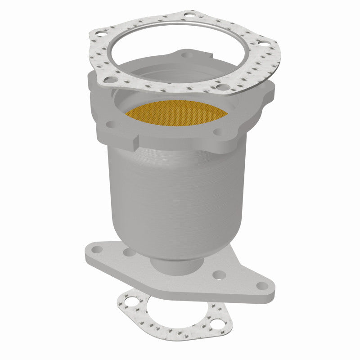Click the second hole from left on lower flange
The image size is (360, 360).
[130, 253]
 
